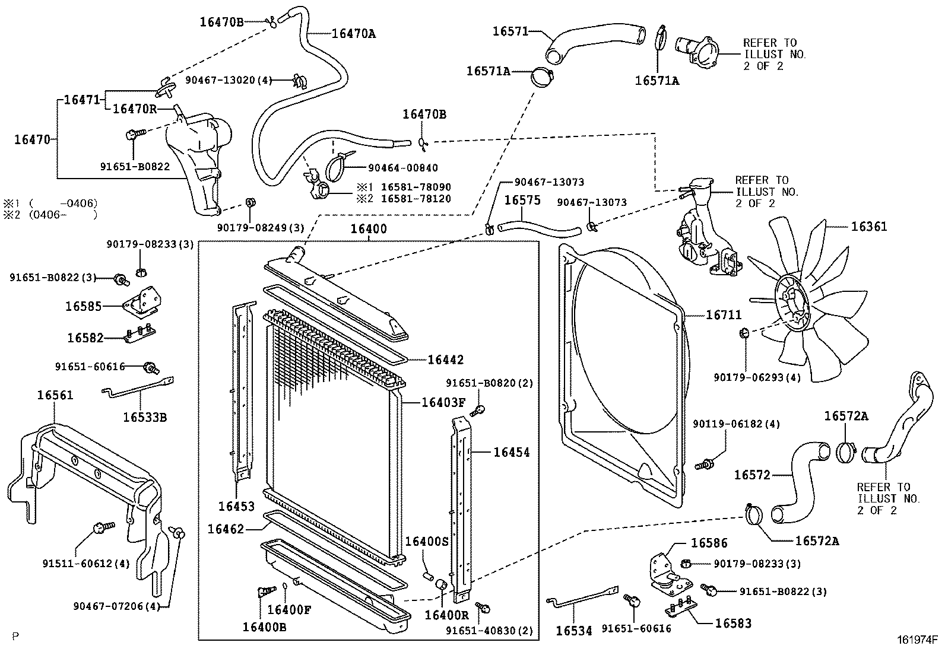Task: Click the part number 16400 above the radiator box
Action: click(368, 229)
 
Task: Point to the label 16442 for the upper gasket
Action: click(445, 360)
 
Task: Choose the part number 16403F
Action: click(443, 402)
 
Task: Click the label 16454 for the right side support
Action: click(512, 452)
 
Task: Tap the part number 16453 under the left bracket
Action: click(236, 506)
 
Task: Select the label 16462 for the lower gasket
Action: click(226, 528)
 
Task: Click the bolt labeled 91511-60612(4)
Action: click(100, 527)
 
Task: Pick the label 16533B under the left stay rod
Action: click(145, 417)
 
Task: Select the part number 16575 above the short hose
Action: click(522, 200)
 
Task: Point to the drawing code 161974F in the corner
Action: click(917, 640)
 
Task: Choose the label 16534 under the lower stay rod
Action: click(574, 631)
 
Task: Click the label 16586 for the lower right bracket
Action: click(708, 543)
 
